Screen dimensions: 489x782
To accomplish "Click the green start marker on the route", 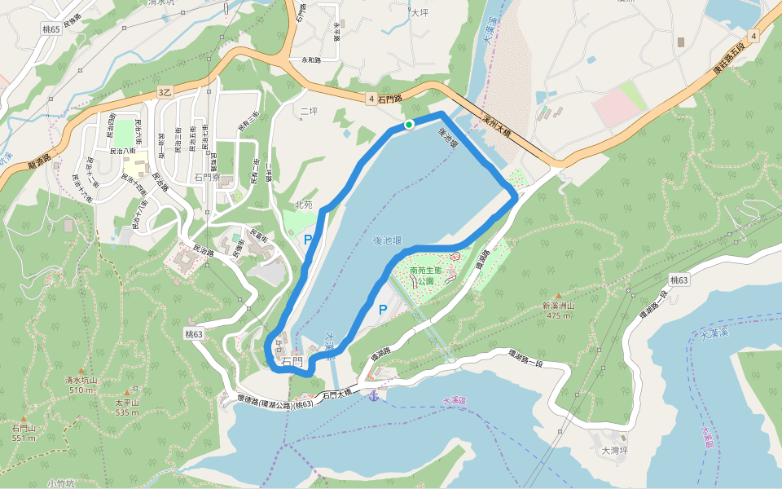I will coord(409,124).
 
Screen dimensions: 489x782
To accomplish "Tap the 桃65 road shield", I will coord(50,29).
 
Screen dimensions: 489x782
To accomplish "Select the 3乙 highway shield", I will coord(165,93).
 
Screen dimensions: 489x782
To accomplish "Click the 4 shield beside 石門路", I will coord(371,99).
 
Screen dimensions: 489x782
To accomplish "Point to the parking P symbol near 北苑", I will coord(308,240).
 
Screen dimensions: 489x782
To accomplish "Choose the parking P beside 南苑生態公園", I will coord(382,309).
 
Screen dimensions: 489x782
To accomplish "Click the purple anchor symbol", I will coord(372,395).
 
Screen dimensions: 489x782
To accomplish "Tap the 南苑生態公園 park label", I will coord(429,275).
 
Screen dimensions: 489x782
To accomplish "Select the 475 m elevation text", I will coord(559,315).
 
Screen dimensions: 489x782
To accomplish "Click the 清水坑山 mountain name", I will coord(81,380).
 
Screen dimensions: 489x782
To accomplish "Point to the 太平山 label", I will coord(127,403).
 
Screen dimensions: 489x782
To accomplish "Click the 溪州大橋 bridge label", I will coord(495,126).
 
